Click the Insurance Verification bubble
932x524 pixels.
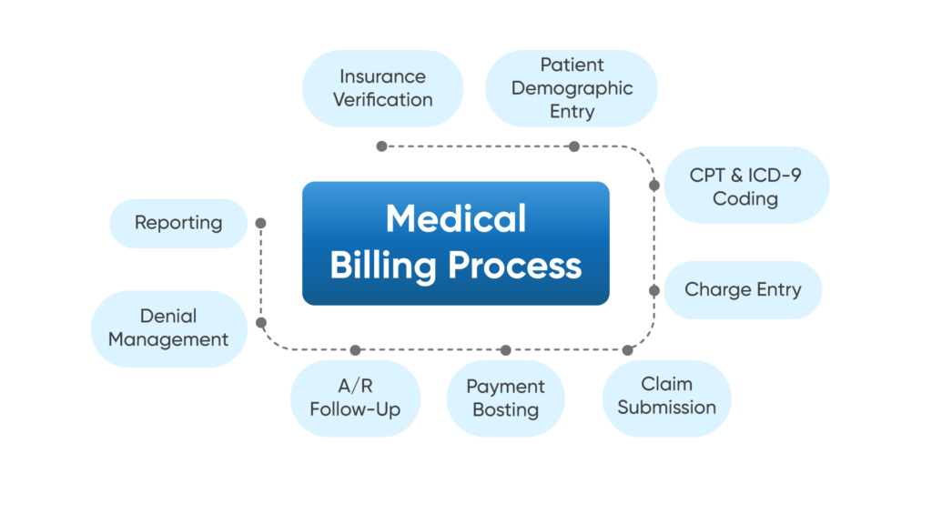382,88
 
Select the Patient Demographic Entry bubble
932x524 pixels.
572,88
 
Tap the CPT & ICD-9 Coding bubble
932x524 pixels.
745,186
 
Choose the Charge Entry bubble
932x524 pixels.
743,290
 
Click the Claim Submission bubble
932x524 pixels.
666,397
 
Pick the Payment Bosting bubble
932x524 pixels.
505,398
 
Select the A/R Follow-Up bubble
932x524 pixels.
355,398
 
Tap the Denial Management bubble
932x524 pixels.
168,328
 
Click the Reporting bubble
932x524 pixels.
178,223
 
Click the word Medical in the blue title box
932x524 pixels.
455,219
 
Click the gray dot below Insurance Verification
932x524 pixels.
381,146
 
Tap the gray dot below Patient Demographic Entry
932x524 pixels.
573,146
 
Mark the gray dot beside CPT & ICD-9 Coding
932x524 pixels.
653,185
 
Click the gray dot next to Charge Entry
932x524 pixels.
653,290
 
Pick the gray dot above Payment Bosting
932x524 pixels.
505,349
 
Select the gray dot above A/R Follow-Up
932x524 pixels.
355,349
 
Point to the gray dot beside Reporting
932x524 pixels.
260,223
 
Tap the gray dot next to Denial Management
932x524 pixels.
260,322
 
